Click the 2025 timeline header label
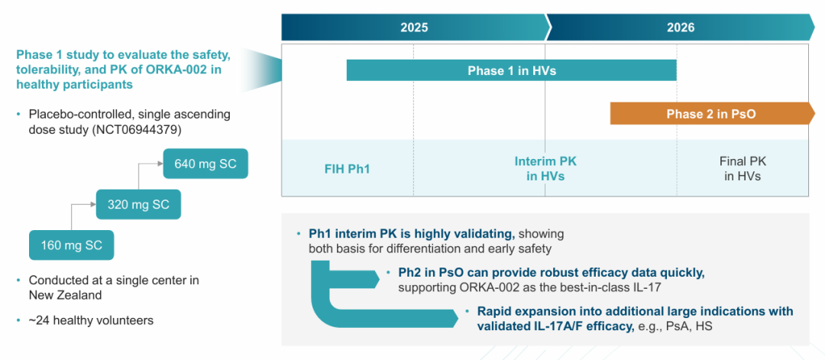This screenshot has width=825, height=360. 414,28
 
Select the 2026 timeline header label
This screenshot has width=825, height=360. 680,28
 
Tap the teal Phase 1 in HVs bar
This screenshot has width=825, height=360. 511,70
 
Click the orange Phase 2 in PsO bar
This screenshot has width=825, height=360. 710,114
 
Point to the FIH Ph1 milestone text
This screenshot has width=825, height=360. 347,168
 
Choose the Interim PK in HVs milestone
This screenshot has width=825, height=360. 545,168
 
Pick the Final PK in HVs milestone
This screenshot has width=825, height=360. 742,168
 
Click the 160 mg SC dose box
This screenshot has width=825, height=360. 71,245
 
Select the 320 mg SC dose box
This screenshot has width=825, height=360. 138,204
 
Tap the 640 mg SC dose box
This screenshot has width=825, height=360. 205,164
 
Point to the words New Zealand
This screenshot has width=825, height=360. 65,295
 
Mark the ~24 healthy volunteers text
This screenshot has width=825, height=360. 91,320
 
